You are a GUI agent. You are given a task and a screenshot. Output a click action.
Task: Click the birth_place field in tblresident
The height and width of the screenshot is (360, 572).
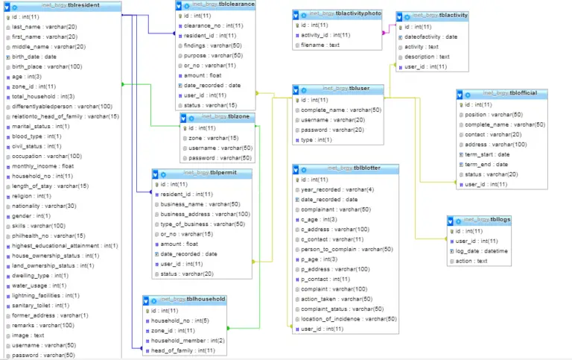pyautogui.click(x=46, y=66)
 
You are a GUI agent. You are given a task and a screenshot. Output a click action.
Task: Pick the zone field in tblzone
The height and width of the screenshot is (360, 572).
pyautogui.click(x=212, y=138)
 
